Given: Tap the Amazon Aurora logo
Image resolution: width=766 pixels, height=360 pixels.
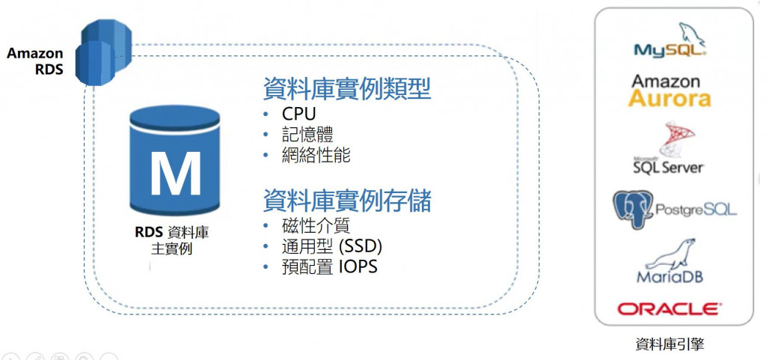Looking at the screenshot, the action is click(670, 90).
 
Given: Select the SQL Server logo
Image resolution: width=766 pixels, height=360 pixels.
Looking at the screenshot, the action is click(669, 150).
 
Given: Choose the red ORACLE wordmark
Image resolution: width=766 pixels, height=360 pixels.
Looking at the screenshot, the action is click(670, 308).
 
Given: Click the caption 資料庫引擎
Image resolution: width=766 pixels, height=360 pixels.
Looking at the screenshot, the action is click(670, 344).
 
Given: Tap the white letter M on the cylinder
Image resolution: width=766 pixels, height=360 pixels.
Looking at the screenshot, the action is click(175, 173).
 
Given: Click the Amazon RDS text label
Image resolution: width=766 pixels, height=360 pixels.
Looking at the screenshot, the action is click(35, 61).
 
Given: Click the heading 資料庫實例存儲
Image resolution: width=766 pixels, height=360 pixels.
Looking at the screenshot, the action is click(346, 201).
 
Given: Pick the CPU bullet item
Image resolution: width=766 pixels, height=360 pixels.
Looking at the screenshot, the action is click(299, 115).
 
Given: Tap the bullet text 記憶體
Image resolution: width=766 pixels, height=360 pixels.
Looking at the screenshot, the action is click(307, 135).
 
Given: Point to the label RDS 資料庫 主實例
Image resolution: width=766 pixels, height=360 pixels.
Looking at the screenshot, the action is click(171, 240).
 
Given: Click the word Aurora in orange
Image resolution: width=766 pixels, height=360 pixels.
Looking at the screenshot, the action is click(670, 98).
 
